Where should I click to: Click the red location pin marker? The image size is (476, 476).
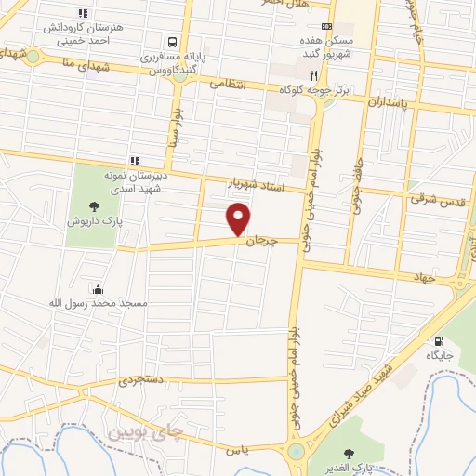[x=240, y=218]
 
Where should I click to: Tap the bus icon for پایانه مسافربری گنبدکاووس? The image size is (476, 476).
[x=171, y=42]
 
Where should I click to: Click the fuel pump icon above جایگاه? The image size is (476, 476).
[x=438, y=340]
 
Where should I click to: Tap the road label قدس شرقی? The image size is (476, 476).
[x=427, y=198]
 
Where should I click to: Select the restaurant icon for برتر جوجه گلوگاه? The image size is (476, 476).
[x=316, y=76]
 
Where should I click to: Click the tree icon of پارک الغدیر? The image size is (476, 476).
[x=350, y=453]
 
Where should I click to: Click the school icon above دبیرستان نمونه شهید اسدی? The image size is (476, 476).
[x=135, y=160]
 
